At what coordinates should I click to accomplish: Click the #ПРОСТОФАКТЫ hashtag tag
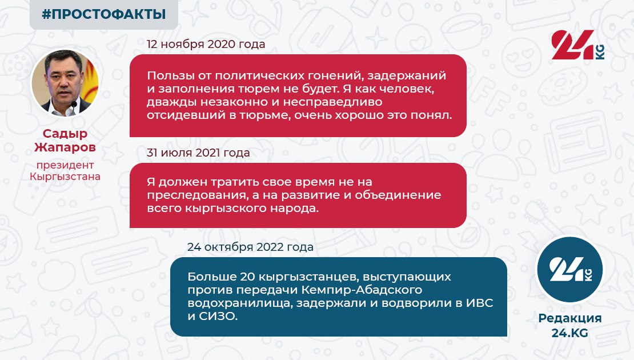point(104,14)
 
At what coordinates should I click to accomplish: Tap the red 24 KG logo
point(578,45)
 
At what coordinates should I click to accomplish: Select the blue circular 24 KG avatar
point(569,269)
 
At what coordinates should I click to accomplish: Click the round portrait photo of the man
point(65,83)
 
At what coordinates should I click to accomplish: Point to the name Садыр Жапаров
point(65,141)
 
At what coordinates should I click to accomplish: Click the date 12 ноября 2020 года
point(206,44)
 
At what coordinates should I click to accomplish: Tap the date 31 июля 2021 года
point(198,153)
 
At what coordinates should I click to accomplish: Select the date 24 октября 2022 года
point(250,247)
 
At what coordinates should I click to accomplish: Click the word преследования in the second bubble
point(197,195)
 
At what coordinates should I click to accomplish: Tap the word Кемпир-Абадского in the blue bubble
point(362,290)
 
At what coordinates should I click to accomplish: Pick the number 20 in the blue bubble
point(247,277)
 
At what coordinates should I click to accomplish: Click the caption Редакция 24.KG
point(569,325)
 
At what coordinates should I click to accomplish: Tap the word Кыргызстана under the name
point(65,177)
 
